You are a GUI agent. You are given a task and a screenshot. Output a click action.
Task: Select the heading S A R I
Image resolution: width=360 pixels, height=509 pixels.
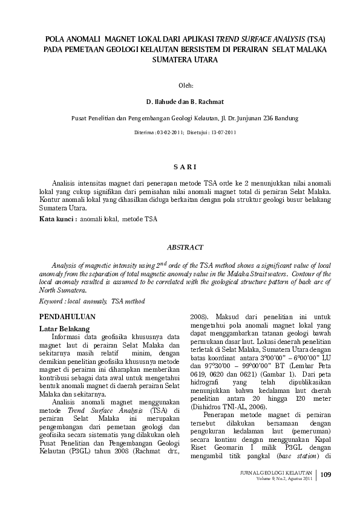click(180, 166)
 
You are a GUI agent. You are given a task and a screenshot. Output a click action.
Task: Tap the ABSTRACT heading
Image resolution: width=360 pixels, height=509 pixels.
click(180, 247)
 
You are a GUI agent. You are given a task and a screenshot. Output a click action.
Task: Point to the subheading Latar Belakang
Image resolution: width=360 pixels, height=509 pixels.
click(64, 328)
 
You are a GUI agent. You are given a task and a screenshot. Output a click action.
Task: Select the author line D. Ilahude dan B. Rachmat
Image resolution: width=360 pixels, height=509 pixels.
click(180, 102)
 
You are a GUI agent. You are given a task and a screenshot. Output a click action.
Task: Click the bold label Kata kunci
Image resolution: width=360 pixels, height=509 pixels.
click(57, 219)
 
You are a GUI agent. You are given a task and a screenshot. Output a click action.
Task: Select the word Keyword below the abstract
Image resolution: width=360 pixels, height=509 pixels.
click(51, 300)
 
